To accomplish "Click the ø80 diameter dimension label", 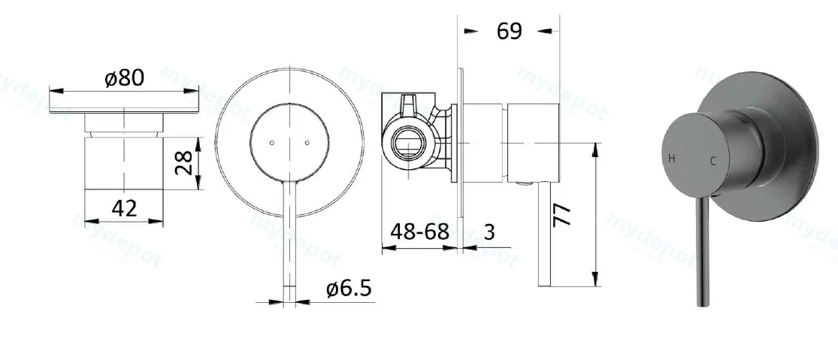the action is click(125, 78).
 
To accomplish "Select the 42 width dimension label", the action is click(124, 208).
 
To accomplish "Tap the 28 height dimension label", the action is click(184, 163).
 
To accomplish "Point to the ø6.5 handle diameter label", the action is click(349, 289).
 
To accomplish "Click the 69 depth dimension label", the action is click(509, 32).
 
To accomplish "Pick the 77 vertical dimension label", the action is click(562, 215).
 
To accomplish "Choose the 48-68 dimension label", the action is click(419, 231).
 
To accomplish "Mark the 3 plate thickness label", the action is click(489, 232).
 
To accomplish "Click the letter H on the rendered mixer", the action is click(673, 158).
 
